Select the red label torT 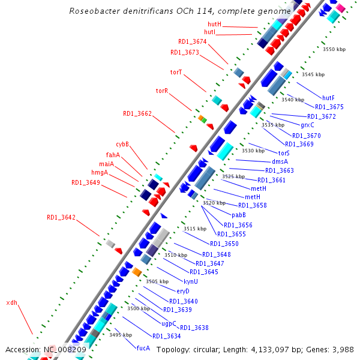[176, 72]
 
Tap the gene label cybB [122, 144]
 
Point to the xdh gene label [11, 302]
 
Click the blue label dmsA [280, 161]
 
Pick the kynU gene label [191, 281]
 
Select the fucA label [143, 348]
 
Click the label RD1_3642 [61, 217]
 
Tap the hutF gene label [328, 98]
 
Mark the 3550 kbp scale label [334, 49]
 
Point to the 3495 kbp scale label [121, 335]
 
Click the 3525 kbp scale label [233, 176]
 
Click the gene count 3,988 [343, 349]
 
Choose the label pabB [239, 214]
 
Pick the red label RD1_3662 [137, 113]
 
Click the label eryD [183, 291]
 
